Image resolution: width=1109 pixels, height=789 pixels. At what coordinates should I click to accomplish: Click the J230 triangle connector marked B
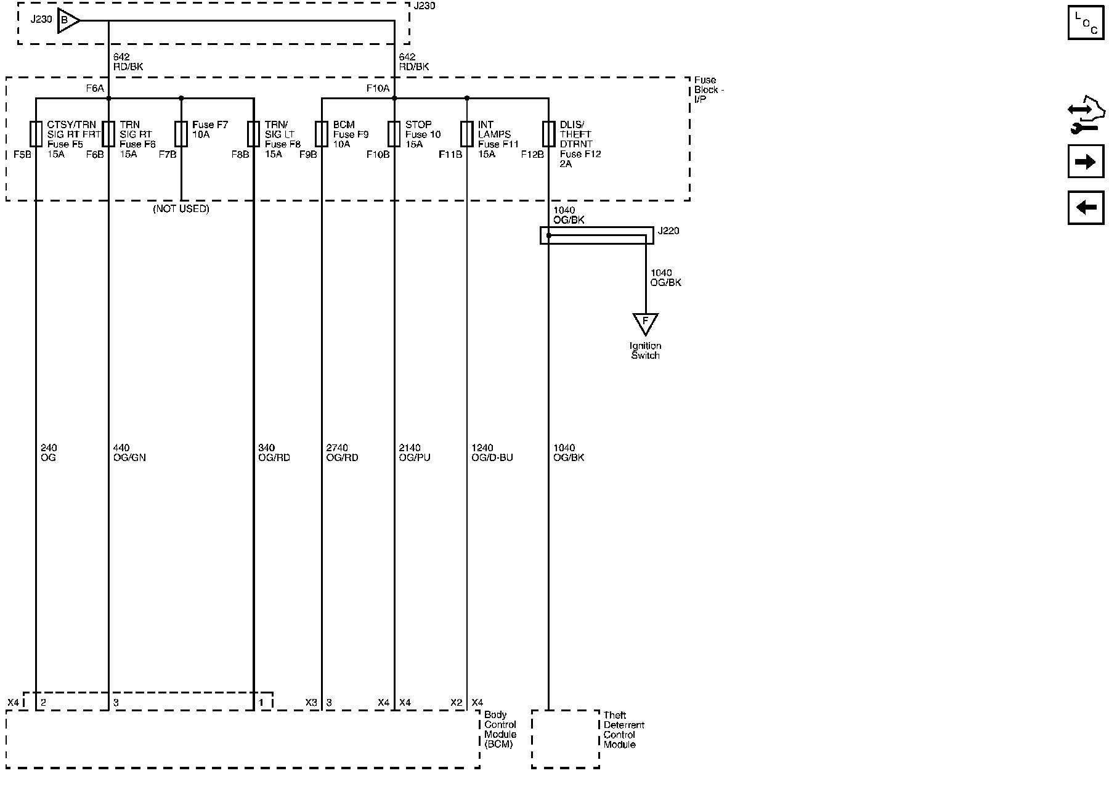(67, 21)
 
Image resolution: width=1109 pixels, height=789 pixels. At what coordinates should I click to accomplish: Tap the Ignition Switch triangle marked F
(645, 322)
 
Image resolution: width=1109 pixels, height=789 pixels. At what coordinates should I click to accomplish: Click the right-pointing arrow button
(1086, 162)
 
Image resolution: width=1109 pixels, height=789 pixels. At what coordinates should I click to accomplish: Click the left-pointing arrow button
(1086, 207)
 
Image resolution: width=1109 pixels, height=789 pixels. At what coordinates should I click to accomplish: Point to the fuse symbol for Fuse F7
(181, 133)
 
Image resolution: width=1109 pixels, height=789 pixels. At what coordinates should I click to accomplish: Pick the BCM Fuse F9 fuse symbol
(322, 133)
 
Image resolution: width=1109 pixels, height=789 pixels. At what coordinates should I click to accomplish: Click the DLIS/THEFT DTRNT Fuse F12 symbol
(548, 133)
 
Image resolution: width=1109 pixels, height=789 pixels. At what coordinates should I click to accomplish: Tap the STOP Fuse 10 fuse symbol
(394, 133)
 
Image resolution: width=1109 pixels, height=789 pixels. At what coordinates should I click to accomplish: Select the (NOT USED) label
(181, 209)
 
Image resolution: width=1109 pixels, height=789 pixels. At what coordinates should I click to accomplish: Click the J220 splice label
(668, 231)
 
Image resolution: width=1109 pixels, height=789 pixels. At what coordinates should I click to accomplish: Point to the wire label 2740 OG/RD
(342, 453)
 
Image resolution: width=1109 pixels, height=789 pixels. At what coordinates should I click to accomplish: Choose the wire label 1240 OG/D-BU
(492, 453)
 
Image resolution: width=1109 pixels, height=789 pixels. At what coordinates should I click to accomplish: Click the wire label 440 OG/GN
(129, 453)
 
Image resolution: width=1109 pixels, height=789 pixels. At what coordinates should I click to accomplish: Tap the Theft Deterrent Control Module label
(624, 730)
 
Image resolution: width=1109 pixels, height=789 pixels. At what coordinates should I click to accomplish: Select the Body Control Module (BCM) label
(500, 730)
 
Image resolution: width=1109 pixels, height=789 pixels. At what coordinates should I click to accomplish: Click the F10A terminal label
(378, 89)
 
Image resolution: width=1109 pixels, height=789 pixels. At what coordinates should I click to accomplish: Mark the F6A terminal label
(95, 89)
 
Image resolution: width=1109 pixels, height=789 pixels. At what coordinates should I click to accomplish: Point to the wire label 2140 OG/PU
(415, 453)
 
